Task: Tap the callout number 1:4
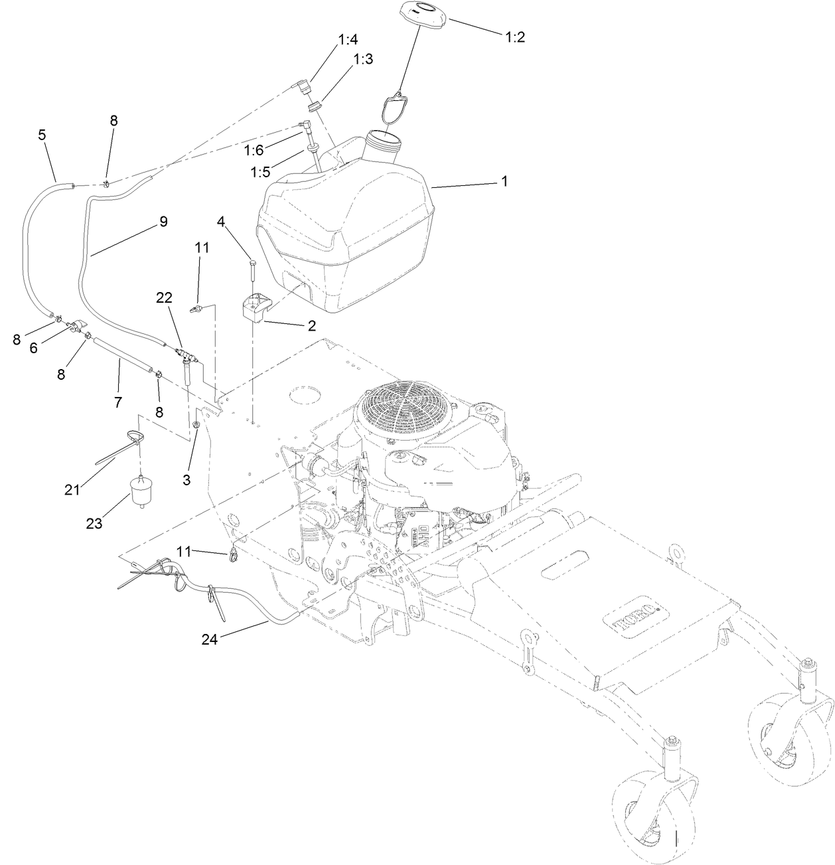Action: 348,40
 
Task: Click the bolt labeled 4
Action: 252,272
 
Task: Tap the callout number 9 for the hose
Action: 163,222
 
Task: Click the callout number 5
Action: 42,135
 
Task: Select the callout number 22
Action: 164,298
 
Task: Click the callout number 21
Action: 72,489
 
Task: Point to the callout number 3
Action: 187,480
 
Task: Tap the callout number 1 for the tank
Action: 504,181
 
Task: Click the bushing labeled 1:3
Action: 315,106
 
